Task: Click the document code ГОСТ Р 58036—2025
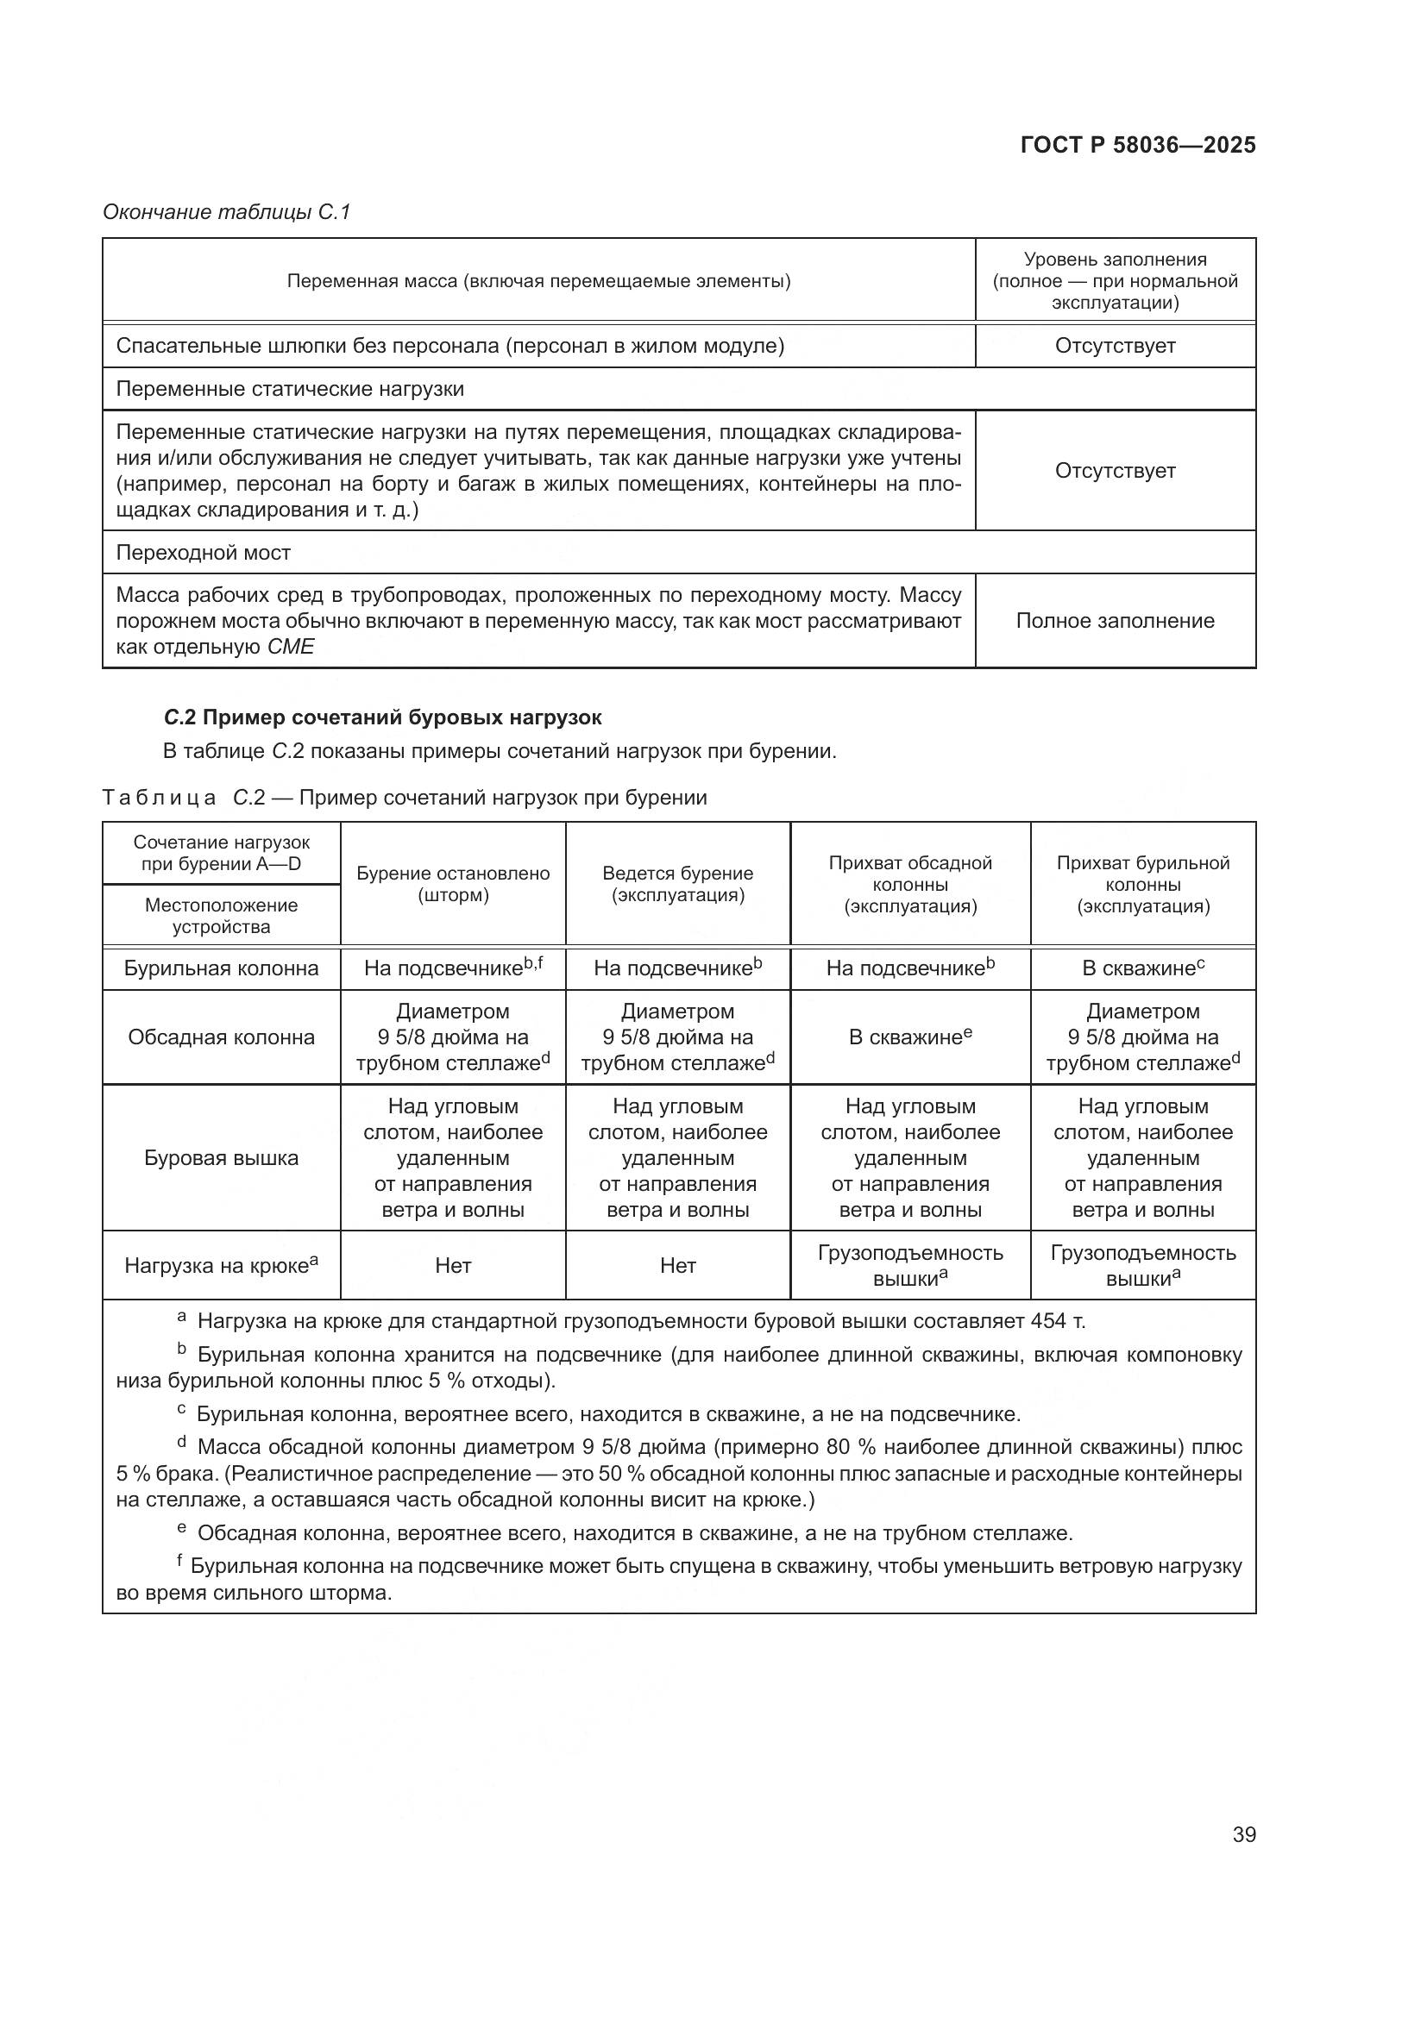[1138, 146]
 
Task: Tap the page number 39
[1243, 1835]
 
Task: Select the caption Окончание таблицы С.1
[227, 212]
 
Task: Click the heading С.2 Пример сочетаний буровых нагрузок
[382, 717]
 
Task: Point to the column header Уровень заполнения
[1114, 260]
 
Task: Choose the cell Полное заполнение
[1114, 621]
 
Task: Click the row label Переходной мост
[203, 553]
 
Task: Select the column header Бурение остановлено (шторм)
[453, 884]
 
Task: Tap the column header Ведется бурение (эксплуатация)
[677, 884]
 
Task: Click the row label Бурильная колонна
[222, 969]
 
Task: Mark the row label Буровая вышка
[222, 1158]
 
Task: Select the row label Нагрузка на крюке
[222, 1266]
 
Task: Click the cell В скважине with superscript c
[1142, 969]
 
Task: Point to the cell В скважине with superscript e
[909, 1037]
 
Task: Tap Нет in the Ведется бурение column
[677, 1266]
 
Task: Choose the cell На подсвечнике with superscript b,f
[453, 969]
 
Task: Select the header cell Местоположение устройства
[222, 916]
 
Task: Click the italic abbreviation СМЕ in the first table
[291, 648]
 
